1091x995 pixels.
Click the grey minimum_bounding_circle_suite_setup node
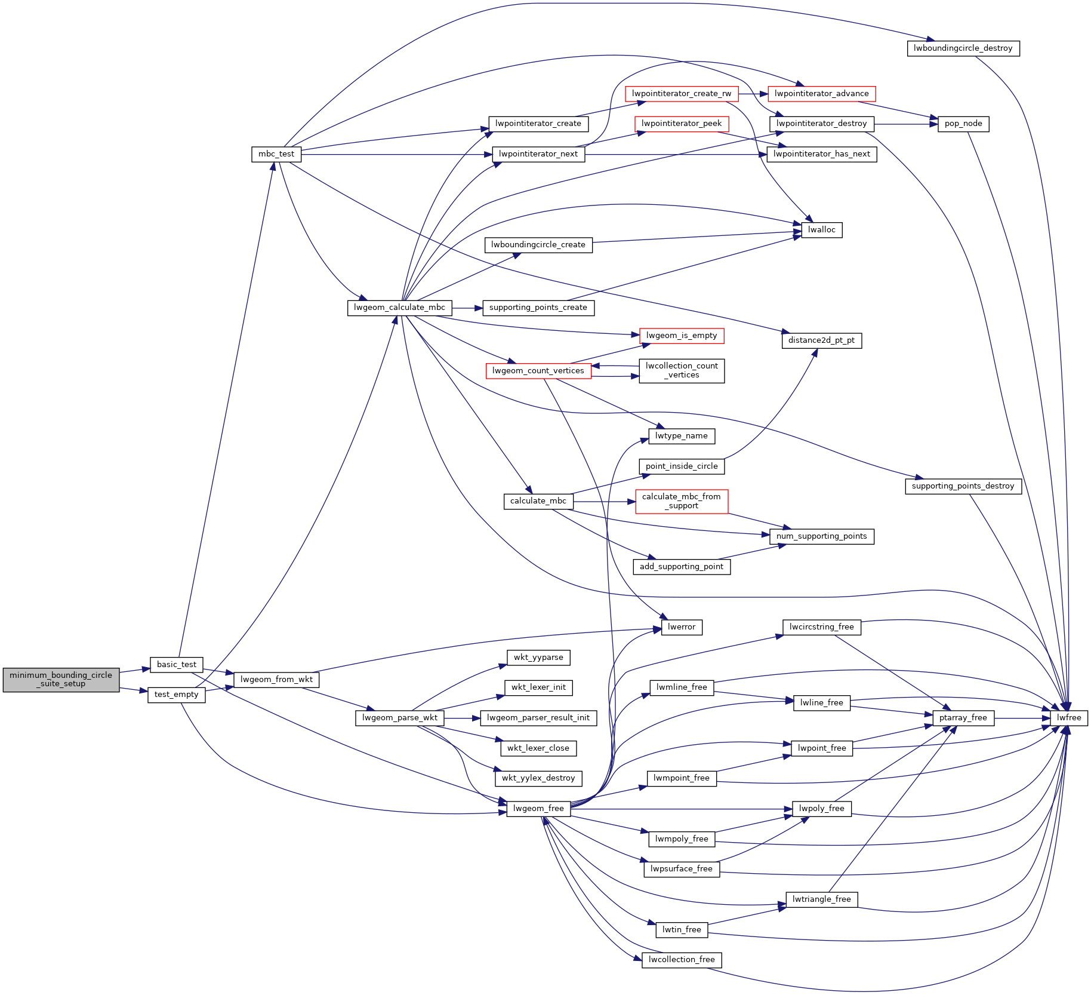61,680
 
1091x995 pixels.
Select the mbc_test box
276,154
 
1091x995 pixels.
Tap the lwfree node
1069,718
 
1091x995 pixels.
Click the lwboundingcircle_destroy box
963,48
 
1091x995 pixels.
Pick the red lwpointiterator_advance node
821,94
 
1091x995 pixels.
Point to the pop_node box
963,124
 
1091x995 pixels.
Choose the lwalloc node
821,230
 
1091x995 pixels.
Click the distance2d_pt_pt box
821,340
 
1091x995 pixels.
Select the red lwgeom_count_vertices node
538,371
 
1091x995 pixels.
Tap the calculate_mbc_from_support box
681,501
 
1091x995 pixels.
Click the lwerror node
682,627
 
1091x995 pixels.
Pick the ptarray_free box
963,718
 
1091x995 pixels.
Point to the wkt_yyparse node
538,658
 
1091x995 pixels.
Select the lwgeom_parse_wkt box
400,718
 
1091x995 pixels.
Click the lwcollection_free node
682,960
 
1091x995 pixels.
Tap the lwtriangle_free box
821,899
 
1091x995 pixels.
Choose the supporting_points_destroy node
963,486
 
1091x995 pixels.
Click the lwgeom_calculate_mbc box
399,308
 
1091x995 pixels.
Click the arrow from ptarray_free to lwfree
1022,718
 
